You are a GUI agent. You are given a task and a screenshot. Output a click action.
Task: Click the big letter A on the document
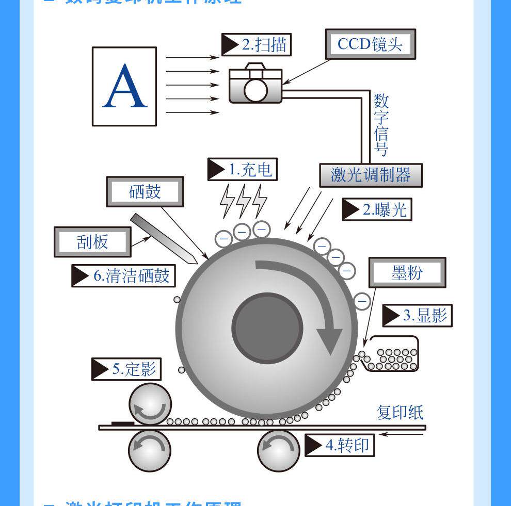[124, 86]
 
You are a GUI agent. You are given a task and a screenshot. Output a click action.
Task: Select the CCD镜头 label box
[370, 44]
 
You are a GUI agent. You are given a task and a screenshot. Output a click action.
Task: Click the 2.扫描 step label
[257, 44]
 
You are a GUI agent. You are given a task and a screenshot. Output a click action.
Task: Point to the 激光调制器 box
[370, 175]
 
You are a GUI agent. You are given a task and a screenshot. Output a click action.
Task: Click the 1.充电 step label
[242, 169]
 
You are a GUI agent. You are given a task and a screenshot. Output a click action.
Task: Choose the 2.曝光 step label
[377, 209]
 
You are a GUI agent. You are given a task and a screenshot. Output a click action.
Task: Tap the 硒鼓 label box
[145, 192]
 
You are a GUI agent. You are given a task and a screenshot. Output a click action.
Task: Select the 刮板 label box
[92, 241]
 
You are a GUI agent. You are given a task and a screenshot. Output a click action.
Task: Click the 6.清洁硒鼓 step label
[123, 275]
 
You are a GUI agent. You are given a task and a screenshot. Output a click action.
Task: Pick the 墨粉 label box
[407, 273]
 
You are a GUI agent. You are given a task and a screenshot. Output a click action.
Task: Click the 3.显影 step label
[417, 315]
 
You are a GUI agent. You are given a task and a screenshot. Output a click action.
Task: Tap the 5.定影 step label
[126, 369]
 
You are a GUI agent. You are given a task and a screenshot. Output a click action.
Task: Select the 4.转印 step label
[340, 445]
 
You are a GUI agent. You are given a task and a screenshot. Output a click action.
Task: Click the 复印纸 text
[400, 413]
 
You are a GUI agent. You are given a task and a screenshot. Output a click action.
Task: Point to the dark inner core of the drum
[267, 328]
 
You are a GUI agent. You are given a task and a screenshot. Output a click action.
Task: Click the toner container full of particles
[392, 354]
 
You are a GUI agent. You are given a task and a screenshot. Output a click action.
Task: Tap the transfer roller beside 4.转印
[279, 450]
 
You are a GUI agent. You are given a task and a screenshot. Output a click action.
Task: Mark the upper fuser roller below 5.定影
[150, 404]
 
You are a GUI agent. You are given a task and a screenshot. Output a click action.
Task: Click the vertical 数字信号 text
[381, 124]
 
